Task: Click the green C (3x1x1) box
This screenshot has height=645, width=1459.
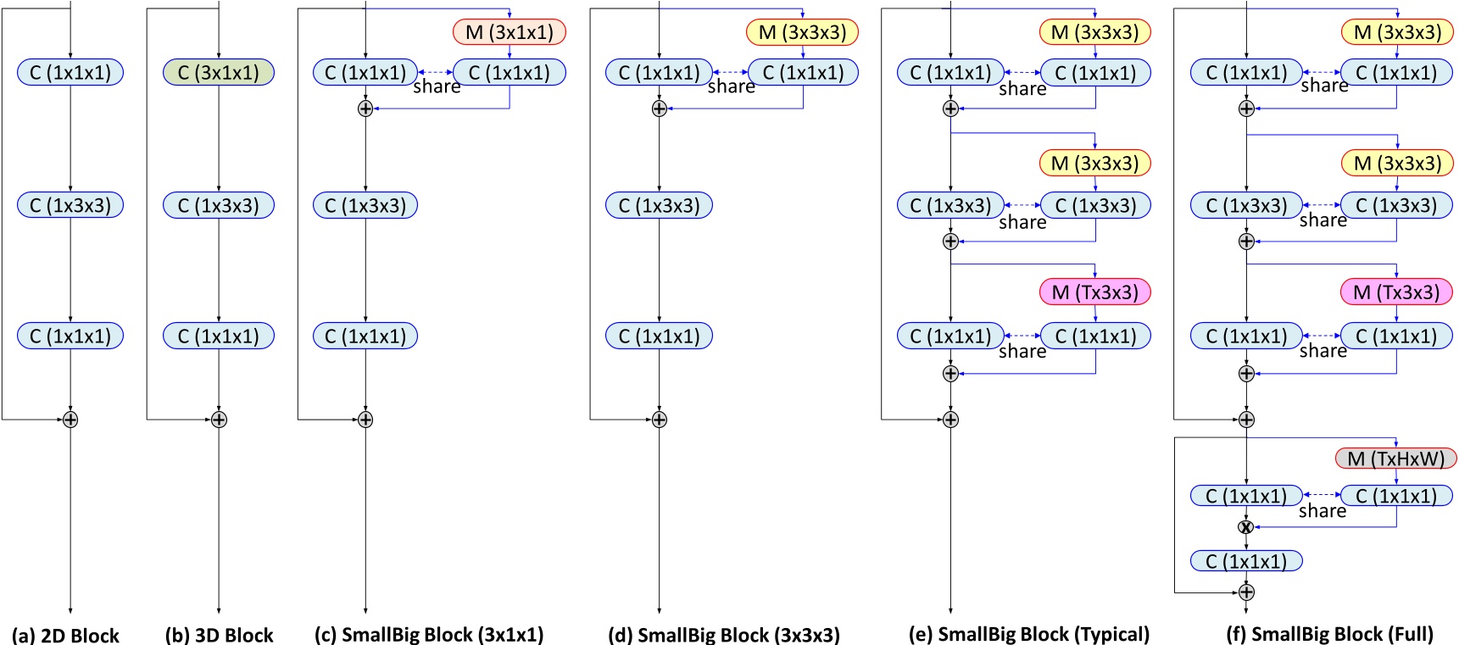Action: [x=219, y=73]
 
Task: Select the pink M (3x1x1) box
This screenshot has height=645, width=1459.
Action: [x=510, y=32]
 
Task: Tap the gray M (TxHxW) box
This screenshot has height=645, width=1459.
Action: [x=1395, y=459]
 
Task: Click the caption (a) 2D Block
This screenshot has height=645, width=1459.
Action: [x=65, y=635]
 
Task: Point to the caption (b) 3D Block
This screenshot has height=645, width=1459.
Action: [x=219, y=635]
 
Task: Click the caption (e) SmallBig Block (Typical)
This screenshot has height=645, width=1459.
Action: [x=1028, y=635]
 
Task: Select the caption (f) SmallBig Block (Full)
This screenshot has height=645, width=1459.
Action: [x=1329, y=635]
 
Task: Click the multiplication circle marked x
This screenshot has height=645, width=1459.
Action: [x=1245, y=527]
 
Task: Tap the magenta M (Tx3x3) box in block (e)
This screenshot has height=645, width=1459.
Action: [x=1094, y=292]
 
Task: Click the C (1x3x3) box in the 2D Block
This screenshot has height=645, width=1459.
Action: [x=70, y=205]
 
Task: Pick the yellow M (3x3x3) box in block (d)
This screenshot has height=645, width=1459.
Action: [x=802, y=32]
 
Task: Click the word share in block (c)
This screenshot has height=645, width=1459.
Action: [x=437, y=86]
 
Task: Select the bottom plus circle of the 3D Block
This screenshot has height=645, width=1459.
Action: [x=219, y=420]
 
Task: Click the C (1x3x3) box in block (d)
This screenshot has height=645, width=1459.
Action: [x=659, y=205]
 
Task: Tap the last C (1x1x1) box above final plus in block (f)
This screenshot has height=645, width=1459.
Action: [x=1245, y=561]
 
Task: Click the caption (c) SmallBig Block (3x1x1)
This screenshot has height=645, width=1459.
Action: [x=428, y=635]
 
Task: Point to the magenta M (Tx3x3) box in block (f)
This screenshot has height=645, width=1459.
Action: [x=1395, y=292]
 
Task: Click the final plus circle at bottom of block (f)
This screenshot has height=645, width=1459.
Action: [x=1245, y=592]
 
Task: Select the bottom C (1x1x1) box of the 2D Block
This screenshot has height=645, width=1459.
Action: [x=70, y=336]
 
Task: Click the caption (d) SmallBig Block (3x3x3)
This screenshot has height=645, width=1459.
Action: [x=723, y=635]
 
